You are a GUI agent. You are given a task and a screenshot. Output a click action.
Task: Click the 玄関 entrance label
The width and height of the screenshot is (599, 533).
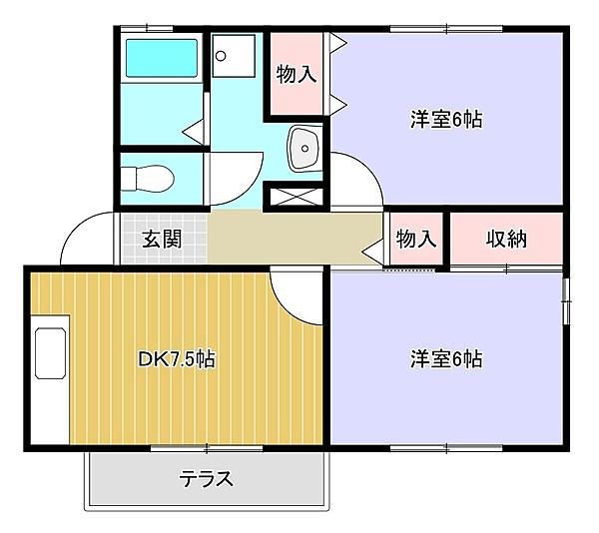pos(161,240)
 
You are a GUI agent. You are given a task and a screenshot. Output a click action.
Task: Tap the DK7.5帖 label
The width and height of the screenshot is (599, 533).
pos(176,357)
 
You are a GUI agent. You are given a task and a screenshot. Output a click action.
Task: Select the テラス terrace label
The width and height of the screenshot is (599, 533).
pos(207,479)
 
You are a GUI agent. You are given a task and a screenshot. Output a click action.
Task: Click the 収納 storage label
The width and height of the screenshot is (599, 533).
pos(506,240)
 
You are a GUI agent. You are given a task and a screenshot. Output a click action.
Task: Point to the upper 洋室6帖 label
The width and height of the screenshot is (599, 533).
pos(446,120)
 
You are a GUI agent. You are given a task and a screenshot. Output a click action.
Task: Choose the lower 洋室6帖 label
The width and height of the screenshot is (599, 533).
pos(446,357)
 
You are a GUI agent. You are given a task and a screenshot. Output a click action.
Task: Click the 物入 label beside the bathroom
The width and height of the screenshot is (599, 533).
pos(297,75)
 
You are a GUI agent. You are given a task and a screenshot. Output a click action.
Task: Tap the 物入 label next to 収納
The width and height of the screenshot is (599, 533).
pos(416,240)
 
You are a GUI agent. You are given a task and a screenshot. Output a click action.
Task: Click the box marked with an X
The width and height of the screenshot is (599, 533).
pos(296,196)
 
